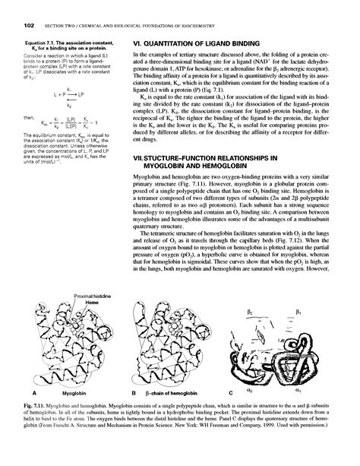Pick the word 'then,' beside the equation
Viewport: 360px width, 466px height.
(x=30, y=117)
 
